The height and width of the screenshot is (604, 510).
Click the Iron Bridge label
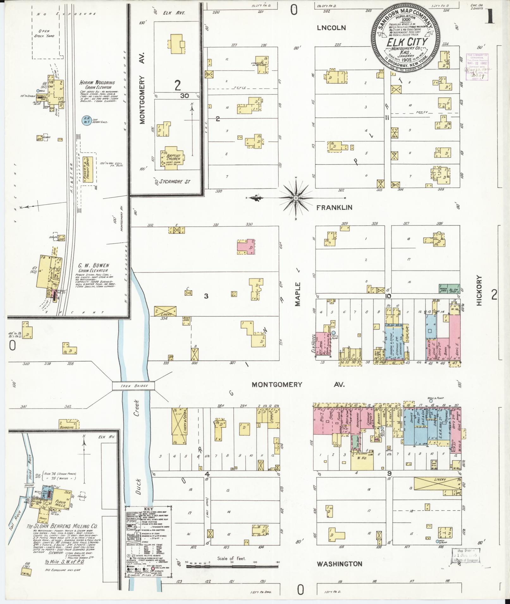point(133,386)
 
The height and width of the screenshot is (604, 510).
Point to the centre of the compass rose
point(296,198)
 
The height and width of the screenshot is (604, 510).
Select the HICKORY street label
point(480,290)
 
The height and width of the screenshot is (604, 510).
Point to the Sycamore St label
point(173,182)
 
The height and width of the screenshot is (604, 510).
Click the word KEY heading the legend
point(148,509)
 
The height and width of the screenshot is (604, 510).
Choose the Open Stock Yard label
point(46,33)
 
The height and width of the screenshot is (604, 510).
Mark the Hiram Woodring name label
point(97,83)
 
